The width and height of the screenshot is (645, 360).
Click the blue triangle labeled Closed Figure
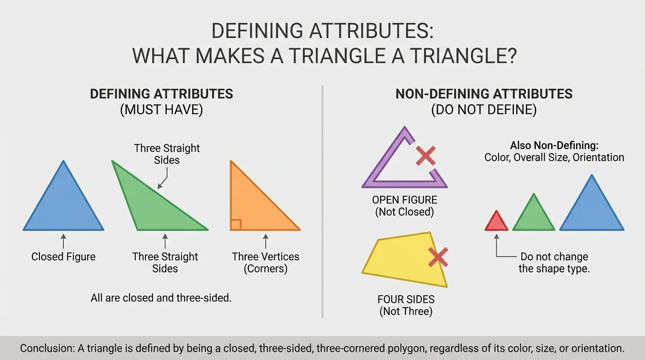[63, 206]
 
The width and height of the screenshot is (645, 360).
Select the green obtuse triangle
[150, 206]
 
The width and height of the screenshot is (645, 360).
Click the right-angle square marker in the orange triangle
[236, 225]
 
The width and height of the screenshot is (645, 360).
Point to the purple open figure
[375, 178]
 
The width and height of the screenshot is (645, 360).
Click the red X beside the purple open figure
[426, 155]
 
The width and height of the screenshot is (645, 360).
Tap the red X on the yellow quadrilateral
[438, 257]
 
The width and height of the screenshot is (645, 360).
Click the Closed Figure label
[63, 257]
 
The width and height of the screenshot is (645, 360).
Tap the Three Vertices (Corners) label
[265, 262]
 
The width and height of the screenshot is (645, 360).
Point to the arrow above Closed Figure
[63, 242]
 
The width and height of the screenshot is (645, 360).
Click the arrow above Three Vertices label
[266, 242]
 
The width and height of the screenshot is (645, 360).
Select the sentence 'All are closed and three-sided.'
[161, 298]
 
